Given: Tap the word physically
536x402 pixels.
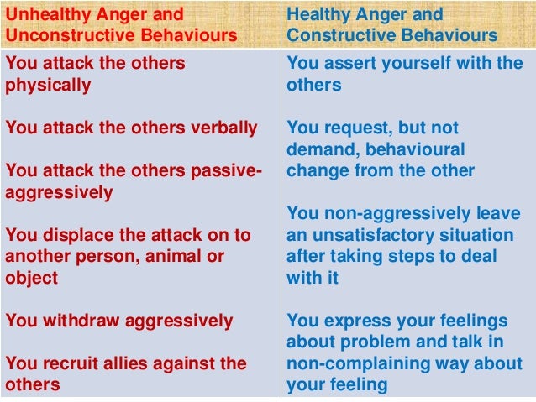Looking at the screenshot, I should click(x=49, y=86).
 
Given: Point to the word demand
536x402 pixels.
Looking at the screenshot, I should click(x=318, y=149).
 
